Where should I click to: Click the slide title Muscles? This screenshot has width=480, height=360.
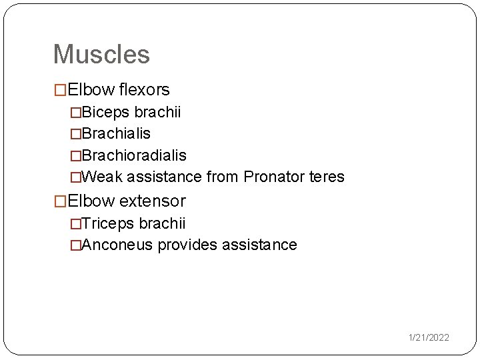[x=101, y=54]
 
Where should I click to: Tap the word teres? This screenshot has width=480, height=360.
[x=327, y=177]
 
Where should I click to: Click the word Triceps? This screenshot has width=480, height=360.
[x=109, y=223]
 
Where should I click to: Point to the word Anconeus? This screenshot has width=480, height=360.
[x=118, y=245]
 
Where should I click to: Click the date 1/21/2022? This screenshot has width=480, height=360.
[x=429, y=338]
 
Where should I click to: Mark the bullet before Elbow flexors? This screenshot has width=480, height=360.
[x=60, y=90]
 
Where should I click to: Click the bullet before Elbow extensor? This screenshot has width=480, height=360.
[x=60, y=201]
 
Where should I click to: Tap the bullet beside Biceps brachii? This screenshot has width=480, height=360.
[x=76, y=113]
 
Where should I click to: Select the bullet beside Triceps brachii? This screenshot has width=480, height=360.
[x=76, y=223]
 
